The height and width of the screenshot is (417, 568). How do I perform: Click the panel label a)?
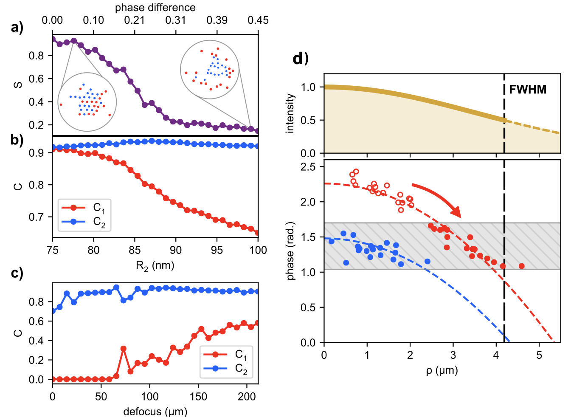coord(17,28)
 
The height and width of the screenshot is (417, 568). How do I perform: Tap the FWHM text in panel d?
coord(528,90)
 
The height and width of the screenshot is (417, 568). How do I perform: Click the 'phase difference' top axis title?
coord(155,8)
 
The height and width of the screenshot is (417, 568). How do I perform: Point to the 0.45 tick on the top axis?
coord(258,20)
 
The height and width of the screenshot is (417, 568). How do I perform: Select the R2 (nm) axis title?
coord(155,266)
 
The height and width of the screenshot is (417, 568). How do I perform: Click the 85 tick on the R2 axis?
coord(135,250)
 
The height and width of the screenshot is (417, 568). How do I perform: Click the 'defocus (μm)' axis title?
coord(155,411)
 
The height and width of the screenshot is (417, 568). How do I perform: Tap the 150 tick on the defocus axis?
coord(198,397)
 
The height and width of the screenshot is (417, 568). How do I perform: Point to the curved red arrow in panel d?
coord(437,197)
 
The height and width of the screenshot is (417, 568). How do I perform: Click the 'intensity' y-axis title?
coord(290,113)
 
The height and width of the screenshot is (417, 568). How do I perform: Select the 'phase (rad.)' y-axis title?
coord(290,251)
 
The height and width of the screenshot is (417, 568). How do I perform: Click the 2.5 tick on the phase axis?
coord(308,167)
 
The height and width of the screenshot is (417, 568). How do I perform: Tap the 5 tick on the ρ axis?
coord(539,355)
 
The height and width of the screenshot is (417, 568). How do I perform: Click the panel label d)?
coord(301,59)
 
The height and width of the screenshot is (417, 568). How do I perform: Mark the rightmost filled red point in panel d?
coord(522,266)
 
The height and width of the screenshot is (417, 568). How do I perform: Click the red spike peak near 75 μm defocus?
coord(124,349)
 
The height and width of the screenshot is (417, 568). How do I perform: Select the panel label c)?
coord(17,273)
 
